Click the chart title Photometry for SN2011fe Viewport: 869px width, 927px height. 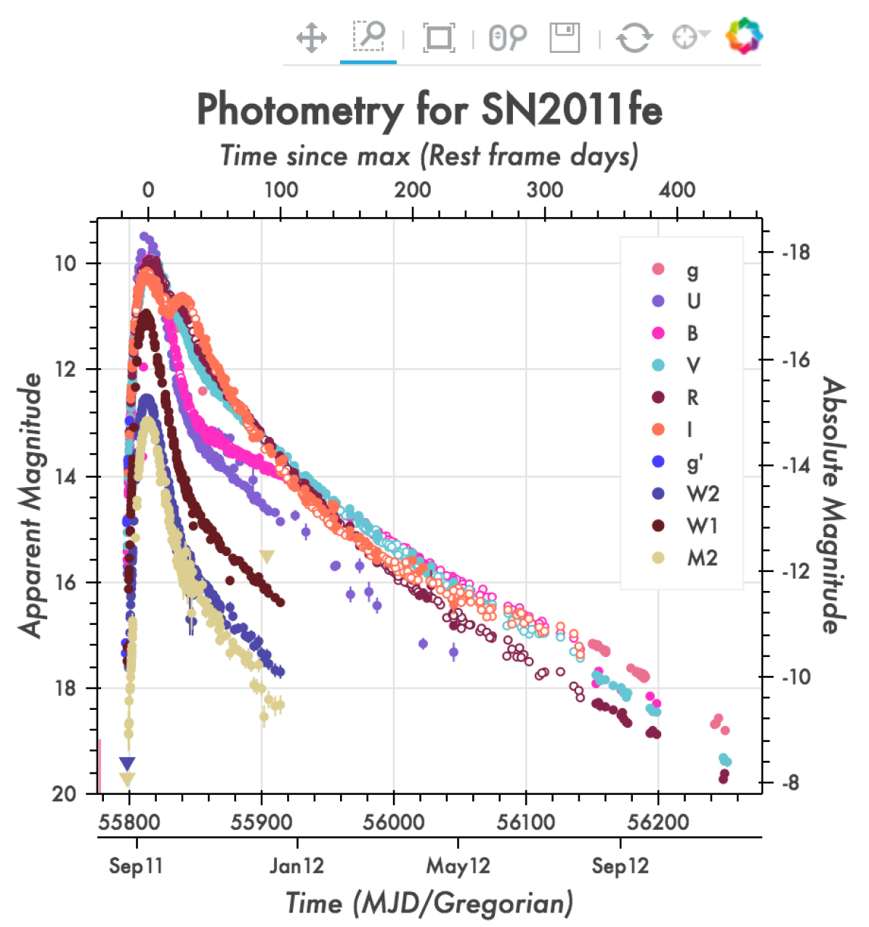pos(429,110)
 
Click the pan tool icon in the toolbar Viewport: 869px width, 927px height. pos(311,37)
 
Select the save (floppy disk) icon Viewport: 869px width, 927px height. pos(565,37)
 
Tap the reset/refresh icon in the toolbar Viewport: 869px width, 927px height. pos(634,37)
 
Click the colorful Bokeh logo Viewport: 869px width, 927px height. pos(744,36)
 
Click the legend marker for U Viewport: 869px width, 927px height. pos(658,301)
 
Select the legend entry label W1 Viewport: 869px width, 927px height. pos(702,526)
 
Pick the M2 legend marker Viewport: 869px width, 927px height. pos(658,558)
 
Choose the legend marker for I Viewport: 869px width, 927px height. pos(658,430)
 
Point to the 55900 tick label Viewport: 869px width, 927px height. pos(262,822)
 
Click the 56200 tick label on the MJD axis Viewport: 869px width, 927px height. pos(658,822)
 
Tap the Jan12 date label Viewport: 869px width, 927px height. pos(296,866)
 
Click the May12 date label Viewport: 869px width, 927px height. pos(458,866)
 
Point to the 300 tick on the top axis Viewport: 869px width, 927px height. pos(545,190)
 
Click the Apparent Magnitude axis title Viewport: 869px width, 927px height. pos(31,506)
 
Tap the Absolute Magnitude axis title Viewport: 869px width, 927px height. pos(834,506)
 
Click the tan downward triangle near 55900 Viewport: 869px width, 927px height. pos(267,557)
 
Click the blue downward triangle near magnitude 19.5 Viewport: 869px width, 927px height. pos(127,763)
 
